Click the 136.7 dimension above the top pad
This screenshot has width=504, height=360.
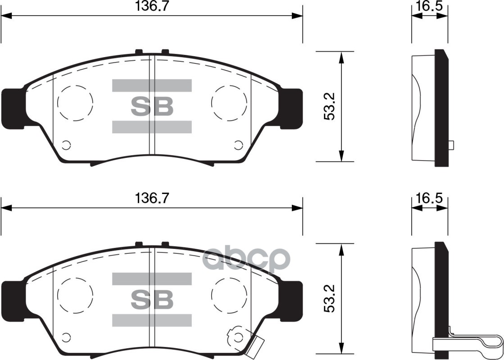(x=149, y=6)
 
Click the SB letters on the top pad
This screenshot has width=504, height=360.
(x=152, y=106)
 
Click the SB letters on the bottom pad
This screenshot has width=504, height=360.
(x=152, y=299)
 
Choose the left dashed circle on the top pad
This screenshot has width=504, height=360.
(x=75, y=103)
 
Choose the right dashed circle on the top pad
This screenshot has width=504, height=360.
(x=229, y=103)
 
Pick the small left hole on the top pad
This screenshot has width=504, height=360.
(x=66, y=145)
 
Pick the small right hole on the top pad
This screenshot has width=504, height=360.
(x=238, y=145)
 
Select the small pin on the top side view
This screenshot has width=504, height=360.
(x=451, y=145)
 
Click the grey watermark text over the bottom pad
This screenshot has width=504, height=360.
(x=245, y=260)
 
